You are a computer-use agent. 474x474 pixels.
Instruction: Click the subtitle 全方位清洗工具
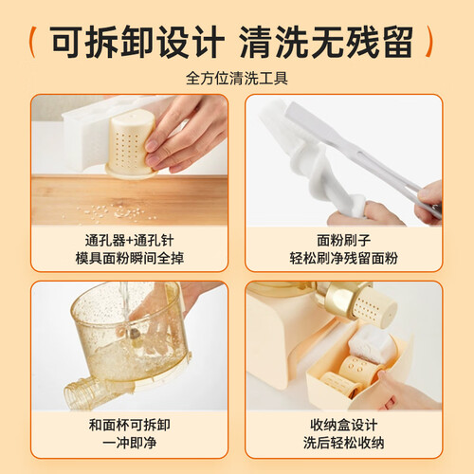(x=237, y=78)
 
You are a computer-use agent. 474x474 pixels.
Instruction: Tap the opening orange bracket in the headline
(x=31, y=42)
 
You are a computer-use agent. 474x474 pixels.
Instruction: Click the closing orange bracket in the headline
(x=428, y=42)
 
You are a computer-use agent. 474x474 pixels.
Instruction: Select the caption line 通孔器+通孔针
(x=129, y=241)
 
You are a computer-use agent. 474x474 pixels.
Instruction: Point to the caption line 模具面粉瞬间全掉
(x=129, y=258)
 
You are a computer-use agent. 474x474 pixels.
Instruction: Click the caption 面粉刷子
(x=343, y=241)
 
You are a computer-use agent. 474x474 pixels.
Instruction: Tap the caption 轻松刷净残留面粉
(x=343, y=258)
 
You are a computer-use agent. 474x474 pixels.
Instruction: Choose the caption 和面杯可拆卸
(x=129, y=426)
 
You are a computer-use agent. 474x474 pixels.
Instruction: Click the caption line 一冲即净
(x=129, y=443)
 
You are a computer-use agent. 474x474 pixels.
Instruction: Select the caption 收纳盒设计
(x=343, y=426)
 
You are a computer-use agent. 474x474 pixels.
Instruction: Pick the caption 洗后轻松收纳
(x=343, y=443)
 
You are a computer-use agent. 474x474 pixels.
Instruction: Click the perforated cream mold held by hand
(x=130, y=144)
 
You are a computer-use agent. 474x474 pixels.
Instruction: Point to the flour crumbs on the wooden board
(x=116, y=211)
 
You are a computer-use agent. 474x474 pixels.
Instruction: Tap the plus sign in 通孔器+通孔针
(x=129, y=242)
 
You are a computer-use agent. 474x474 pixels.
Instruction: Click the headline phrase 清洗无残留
(x=326, y=42)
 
